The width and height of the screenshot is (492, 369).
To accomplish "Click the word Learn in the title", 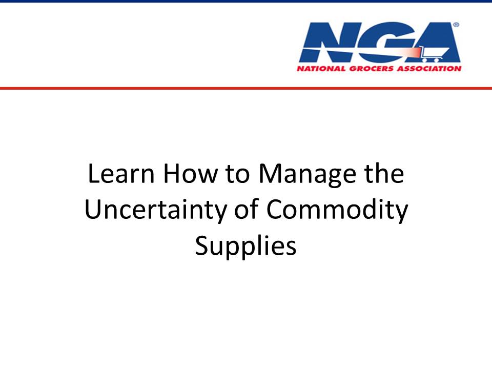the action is (x=121, y=174).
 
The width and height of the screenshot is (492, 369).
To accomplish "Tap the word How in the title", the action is (x=191, y=174).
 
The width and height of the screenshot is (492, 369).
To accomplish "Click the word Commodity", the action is (x=337, y=210).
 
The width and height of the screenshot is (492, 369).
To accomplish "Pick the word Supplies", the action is (x=245, y=246).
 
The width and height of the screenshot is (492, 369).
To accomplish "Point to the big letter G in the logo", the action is (x=386, y=42).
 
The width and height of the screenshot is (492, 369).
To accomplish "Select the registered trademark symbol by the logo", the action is (x=456, y=25).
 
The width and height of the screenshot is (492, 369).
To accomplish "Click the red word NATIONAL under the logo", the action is (x=321, y=69).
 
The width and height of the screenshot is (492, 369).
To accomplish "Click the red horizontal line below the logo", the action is (x=246, y=88).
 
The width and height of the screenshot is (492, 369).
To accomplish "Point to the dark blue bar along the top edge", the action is (x=246, y=1).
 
